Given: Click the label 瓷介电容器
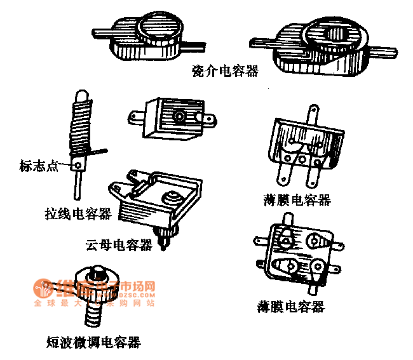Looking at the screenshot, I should click(226, 71).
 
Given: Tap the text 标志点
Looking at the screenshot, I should click(39, 166).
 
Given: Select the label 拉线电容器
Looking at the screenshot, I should click(78, 214).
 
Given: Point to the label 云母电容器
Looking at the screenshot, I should click(119, 244).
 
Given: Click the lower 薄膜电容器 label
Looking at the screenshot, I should click(291, 307).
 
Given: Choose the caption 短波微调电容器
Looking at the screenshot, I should click(93, 343).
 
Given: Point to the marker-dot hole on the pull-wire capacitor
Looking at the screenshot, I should click(79, 166).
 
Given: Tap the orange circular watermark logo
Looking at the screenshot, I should click(44, 288).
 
